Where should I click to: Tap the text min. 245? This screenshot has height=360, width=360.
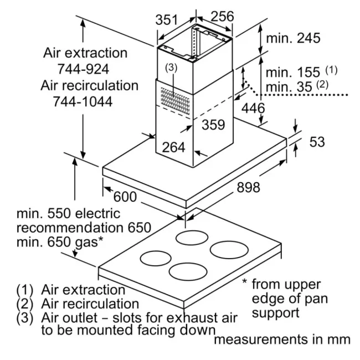[293, 39]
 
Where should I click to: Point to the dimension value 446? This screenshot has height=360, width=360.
[253, 108]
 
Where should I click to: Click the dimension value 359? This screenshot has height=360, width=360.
[213, 125]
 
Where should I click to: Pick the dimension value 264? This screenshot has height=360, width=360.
[173, 147]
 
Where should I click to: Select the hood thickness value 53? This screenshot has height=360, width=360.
[317, 142]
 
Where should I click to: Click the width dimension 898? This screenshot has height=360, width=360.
[244, 188]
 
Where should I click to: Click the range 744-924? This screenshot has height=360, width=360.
[83, 69]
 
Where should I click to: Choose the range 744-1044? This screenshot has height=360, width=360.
[83, 102]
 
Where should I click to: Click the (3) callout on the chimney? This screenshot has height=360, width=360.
[172, 68]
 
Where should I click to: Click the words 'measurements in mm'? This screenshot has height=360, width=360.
[282, 339]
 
